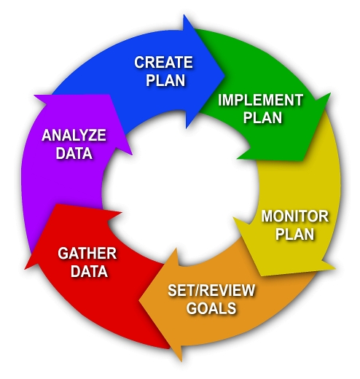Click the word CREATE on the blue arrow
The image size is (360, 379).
tap(163, 62)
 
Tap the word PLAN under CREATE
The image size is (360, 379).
tap(165, 80)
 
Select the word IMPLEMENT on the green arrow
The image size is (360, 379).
tap(260, 100)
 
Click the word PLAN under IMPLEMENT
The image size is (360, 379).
tap(262, 117)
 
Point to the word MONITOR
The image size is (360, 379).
tap(295, 216)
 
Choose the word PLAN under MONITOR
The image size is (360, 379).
tap(294, 234)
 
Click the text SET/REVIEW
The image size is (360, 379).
tap(211, 290)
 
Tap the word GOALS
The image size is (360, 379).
tap(211, 308)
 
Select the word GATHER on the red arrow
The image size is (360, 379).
tap(87, 253)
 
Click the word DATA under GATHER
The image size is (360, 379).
tap(89, 271)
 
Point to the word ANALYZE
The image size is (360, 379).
tap(74, 135)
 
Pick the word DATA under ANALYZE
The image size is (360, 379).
tap(74, 153)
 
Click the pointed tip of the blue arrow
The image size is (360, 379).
tap(224, 76)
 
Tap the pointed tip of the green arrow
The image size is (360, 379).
tap(303, 161)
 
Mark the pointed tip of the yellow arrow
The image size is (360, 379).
tap(261, 276)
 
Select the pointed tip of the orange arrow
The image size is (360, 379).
tap(139, 301)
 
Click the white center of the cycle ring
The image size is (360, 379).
tap(180, 188)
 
